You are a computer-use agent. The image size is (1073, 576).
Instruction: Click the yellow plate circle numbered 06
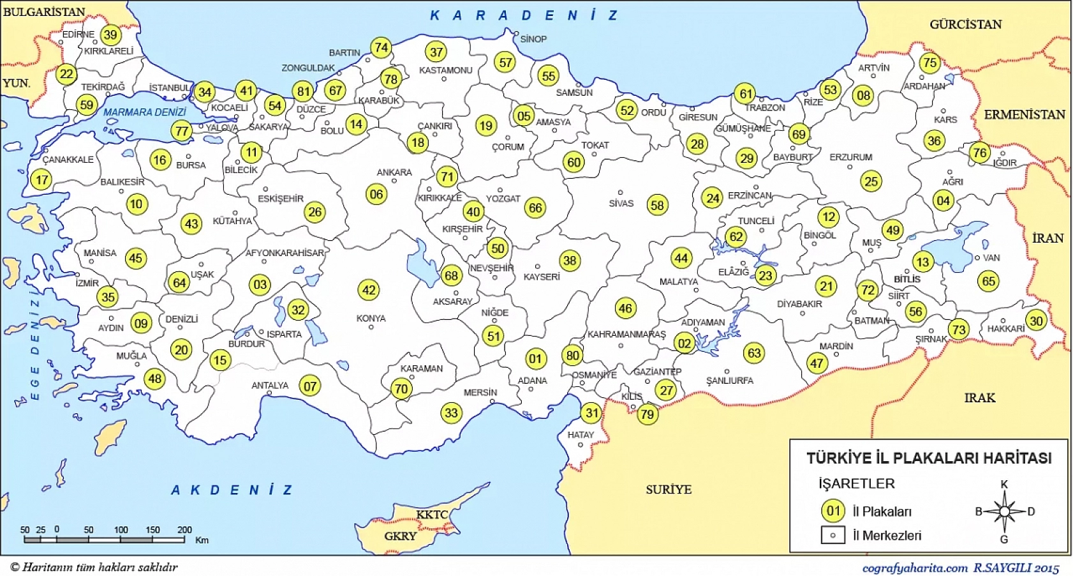pos(376,194)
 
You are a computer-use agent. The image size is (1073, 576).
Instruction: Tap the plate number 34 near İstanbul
pos(204,92)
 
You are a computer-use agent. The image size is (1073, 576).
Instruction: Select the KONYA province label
pos(371,318)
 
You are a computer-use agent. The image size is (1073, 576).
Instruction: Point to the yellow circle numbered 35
pos(108,296)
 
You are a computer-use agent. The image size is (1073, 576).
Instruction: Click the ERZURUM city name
pos(850,157)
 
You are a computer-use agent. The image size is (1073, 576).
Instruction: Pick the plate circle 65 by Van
pos(988,281)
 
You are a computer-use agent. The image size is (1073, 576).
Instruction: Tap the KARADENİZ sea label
pos(524,15)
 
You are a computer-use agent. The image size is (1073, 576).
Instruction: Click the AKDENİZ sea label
pos(232,490)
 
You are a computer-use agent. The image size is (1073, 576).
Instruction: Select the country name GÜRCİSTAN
pos(965,24)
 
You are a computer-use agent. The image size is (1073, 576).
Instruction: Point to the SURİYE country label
pos(668,489)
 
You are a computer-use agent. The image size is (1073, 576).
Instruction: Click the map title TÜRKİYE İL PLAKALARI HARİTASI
pos(929,458)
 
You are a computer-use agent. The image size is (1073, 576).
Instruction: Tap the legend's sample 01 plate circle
pos(833,511)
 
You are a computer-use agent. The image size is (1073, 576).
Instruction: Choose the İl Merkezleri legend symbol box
pos(833,535)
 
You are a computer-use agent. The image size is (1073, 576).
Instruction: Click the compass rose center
pos(1004,512)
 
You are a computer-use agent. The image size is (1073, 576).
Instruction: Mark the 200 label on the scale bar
pos(184,529)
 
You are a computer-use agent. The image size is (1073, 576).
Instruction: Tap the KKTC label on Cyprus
pos(432,515)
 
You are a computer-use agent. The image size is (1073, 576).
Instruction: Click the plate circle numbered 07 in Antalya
pos(310,386)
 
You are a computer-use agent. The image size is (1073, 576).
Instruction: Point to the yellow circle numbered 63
pos(754,352)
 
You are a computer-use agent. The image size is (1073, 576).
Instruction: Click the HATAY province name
pos(581,435)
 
